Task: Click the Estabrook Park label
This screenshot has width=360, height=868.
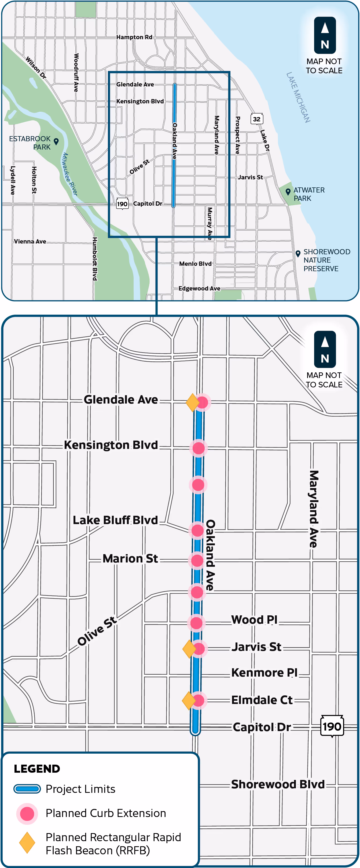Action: (x=30, y=143)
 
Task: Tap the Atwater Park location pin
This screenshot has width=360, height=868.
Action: (x=288, y=192)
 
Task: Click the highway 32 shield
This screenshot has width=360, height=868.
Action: (x=257, y=119)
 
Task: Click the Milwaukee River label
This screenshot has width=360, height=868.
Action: (x=70, y=174)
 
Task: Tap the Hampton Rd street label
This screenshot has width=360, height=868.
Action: (x=134, y=37)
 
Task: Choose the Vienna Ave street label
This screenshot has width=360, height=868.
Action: (x=30, y=242)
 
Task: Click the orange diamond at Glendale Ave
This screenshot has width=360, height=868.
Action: (x=193, y=402)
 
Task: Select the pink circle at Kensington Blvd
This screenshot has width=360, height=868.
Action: (x=198, y=448)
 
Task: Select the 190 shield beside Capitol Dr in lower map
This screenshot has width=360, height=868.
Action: (x=332, y=727)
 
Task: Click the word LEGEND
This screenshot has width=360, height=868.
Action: (x=37, y=769)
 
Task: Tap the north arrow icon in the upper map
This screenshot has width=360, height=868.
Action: (x=325, y=35)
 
